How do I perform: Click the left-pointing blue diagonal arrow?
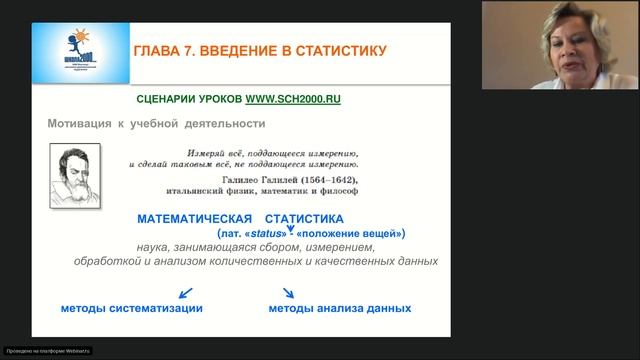point(184,293)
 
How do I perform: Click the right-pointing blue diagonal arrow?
point(288,293)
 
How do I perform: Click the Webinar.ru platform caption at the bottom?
point(48,351)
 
